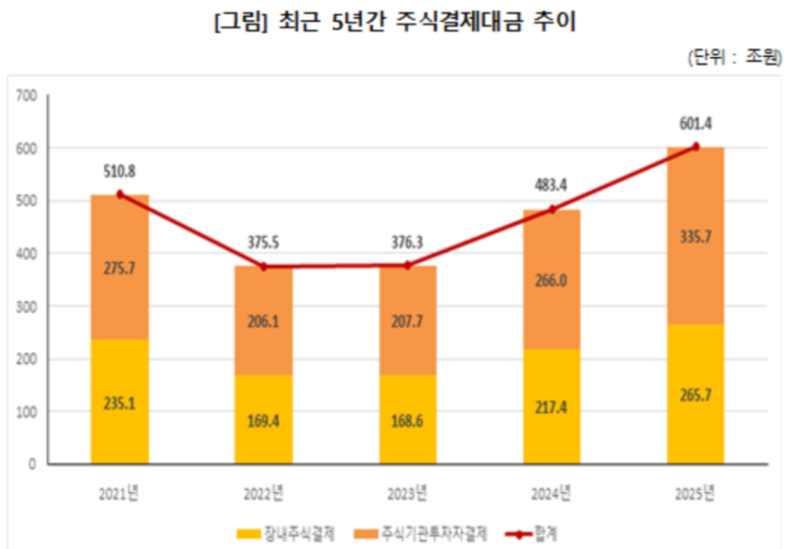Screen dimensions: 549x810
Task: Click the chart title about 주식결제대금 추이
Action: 393,23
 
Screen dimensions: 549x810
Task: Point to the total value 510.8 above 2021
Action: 119,171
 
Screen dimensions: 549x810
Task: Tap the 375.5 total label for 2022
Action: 263,243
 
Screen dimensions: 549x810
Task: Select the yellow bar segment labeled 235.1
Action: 119,401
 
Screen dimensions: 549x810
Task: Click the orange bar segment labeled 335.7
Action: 696,236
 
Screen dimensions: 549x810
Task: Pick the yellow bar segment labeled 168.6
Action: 407,418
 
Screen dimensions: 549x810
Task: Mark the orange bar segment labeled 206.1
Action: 263,320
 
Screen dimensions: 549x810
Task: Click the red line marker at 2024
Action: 551,210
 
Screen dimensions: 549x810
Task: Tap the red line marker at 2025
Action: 696,148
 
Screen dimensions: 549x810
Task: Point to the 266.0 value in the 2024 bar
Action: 551,280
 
